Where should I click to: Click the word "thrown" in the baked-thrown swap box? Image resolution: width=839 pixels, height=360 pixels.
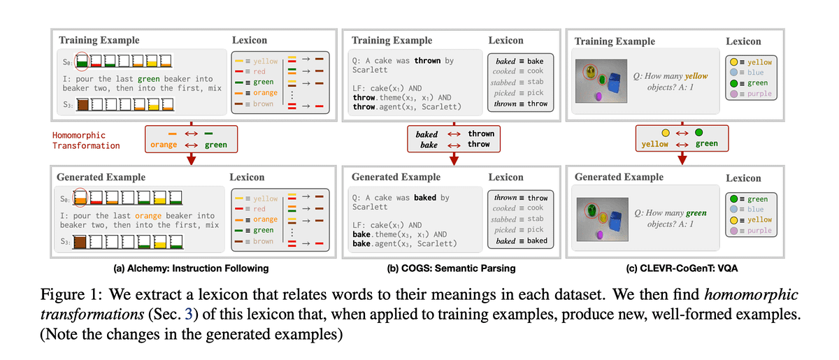pyautogui.click(x=481, y=134)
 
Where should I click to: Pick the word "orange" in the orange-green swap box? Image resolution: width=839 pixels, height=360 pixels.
pyautogui.click(x=163, y=145)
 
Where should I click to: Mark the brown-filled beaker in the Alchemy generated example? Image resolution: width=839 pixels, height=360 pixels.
pyautogui.click(x=82, y=242)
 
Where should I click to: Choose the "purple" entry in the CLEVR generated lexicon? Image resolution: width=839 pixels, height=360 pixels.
pyautogui.click(x=748, y=230)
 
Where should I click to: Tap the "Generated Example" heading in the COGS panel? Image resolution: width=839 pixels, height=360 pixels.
pyautogui.click(x=396, y=178)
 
